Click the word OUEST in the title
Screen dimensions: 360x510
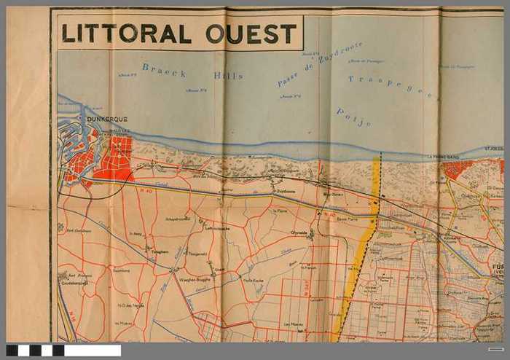point(251,33)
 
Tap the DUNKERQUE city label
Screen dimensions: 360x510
point(106,119)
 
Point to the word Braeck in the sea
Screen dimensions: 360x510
point(164,71)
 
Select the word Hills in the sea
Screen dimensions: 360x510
point(227,75)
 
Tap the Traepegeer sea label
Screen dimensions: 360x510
point(391,86)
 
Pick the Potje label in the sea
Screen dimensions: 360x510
point(354,117)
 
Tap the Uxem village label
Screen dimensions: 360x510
point(219,269)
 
